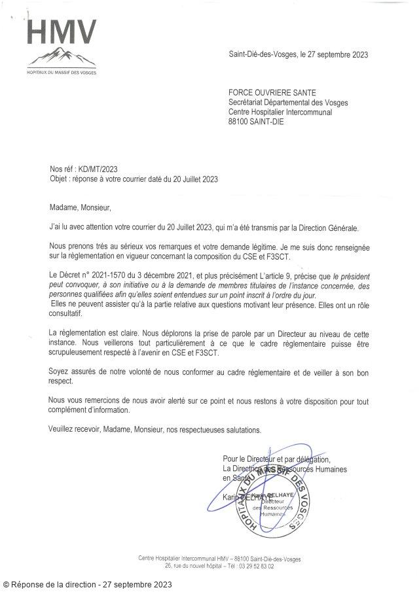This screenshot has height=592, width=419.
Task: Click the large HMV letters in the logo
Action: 63,32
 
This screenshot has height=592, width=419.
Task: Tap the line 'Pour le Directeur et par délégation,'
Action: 277,459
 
